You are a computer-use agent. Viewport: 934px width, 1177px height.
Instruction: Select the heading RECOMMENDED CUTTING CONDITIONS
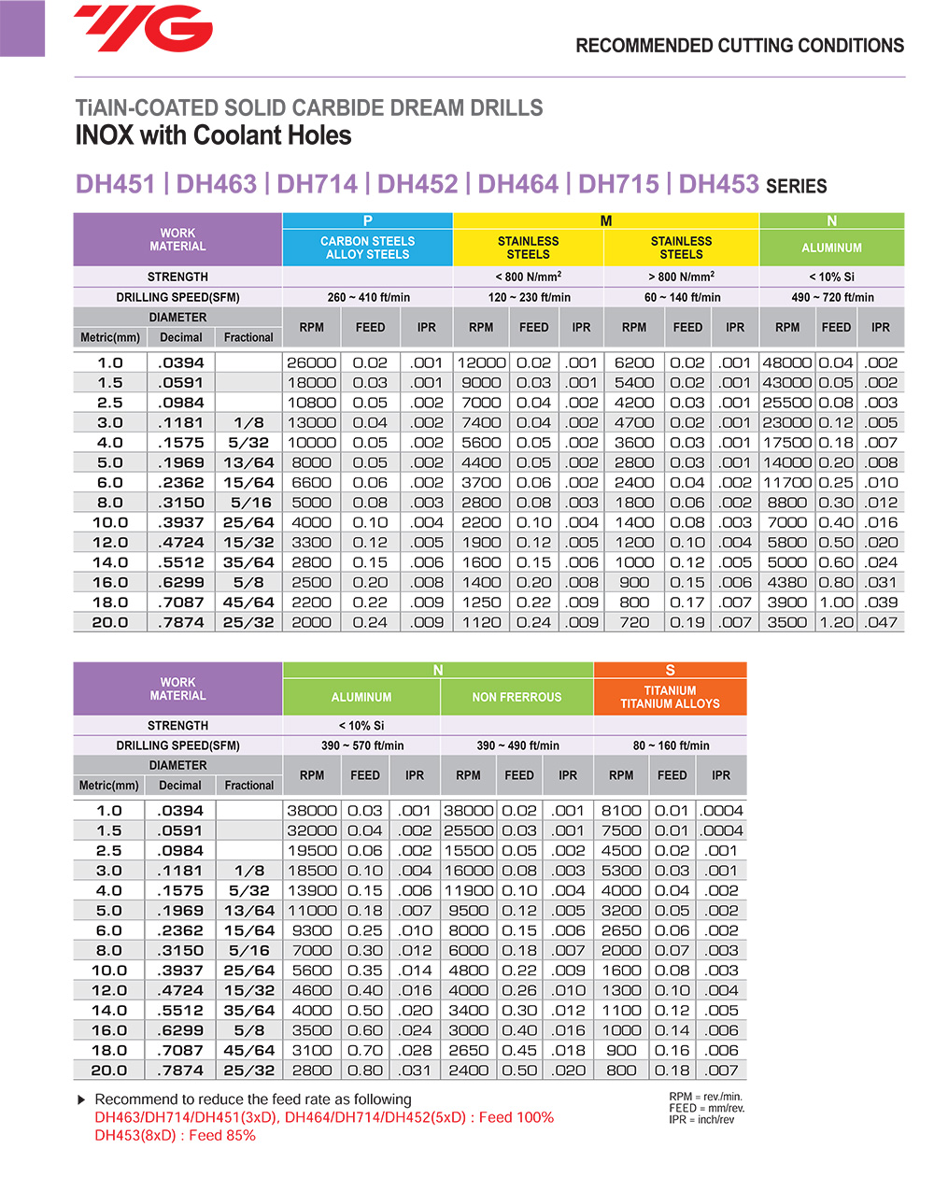740,46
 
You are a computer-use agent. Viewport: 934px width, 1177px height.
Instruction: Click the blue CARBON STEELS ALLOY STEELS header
367,248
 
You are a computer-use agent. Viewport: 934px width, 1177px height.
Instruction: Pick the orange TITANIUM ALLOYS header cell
670,697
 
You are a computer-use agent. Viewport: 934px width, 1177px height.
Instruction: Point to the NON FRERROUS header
517,697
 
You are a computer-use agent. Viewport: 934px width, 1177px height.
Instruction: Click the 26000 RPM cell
311,362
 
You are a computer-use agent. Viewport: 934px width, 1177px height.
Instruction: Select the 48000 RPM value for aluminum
787,362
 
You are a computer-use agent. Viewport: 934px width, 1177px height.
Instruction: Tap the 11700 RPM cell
787,483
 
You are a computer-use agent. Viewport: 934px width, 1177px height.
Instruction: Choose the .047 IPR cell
881,623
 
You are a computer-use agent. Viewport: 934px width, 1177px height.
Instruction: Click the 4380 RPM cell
787,583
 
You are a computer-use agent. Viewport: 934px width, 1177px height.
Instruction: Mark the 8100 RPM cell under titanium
621,811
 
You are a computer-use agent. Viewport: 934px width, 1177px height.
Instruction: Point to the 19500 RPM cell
312,851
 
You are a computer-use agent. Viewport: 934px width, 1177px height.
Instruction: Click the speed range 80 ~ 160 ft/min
671,745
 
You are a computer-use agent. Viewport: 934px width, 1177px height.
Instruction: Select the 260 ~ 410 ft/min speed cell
368,297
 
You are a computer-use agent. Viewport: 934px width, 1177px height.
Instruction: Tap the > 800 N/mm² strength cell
681,277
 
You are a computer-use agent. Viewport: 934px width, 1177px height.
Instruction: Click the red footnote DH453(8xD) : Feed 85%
175,1136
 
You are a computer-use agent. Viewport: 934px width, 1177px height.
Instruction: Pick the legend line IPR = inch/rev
701,1120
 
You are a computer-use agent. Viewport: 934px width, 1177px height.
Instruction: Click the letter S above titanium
670,670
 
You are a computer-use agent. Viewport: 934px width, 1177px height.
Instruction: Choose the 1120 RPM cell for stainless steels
481,623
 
